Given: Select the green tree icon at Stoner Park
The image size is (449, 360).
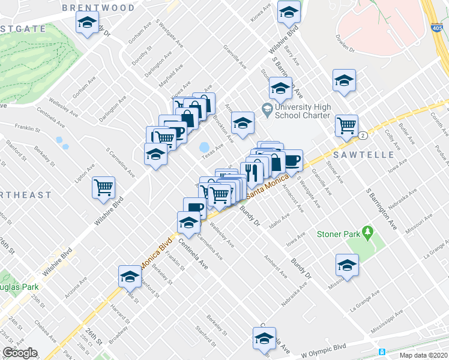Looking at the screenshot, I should [x=369, y=231].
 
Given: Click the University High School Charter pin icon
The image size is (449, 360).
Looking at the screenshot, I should [x=267, y=108].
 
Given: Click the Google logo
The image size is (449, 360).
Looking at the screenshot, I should [x=20, y=353].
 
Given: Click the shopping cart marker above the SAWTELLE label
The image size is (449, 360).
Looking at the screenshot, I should [x=346, y=125].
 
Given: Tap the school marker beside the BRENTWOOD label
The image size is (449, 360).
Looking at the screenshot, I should [x=88, y=24].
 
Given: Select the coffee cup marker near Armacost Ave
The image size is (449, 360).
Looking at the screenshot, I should [x=292, y=160].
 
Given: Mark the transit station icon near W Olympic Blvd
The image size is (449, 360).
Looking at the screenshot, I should [x=381, y=352].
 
